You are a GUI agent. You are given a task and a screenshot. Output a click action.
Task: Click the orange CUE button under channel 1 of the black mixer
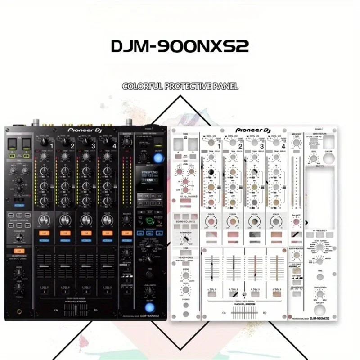click(x=44, y=233)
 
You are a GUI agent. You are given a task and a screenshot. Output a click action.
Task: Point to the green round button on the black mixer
click(x=148, y=221)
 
